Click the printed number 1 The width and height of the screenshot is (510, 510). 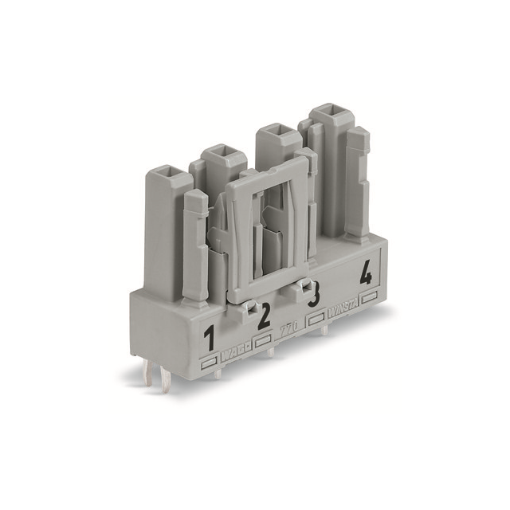(x=210, y=338)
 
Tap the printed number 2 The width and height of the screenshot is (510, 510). (x=264, y=315)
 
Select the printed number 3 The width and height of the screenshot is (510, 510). (x=314, y=295)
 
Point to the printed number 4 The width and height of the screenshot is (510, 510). (x=365, y=275)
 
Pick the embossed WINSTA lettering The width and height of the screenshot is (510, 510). (x=342, y=306)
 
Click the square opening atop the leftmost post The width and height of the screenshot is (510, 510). (x=169, y=171)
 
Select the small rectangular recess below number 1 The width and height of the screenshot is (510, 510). (x=210, y=361)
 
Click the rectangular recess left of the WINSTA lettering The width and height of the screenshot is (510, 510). (x=316, y=317)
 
